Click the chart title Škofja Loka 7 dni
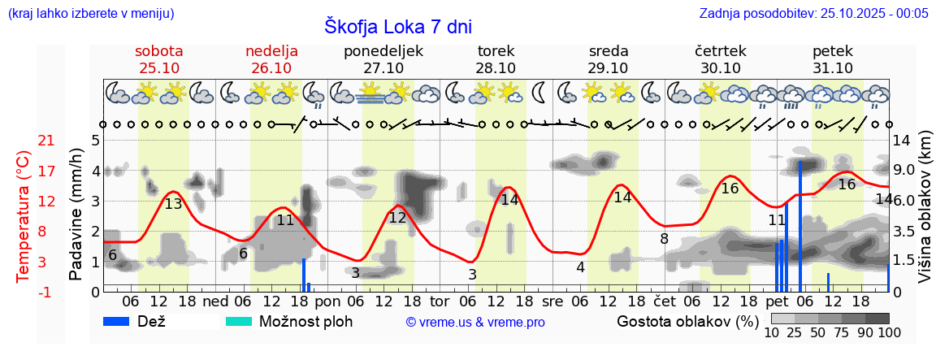(397, 26)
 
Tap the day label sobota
(159, 50)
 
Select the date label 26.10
(271, 68)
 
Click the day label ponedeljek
(383, 50)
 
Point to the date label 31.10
(833, 68)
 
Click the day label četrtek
(720, 50)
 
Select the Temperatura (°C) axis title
(24, 215)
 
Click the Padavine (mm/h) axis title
(76, 215)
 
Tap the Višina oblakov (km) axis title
(924, 215)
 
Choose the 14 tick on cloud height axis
(902, 141)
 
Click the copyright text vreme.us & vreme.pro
(474, 322)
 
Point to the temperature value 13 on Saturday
(173, 204)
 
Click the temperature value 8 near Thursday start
(664, 239)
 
